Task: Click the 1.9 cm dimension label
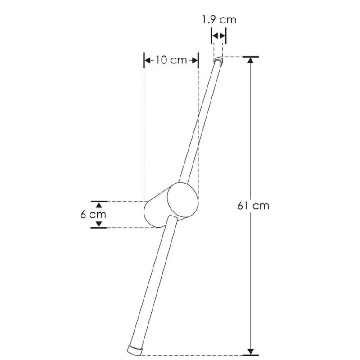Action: click(218, 19)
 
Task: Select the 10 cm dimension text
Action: click(171, 60)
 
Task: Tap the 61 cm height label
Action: click(253, 206)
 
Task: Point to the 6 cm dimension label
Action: click(93, 214)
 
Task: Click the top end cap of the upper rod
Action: click(218, 60)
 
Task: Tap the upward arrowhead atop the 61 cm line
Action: click(251, 62)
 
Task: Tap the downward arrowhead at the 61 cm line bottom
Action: click(251, 350)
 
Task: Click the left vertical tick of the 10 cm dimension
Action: click(144, 60)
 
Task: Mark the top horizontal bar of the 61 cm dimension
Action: click(251, 57)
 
